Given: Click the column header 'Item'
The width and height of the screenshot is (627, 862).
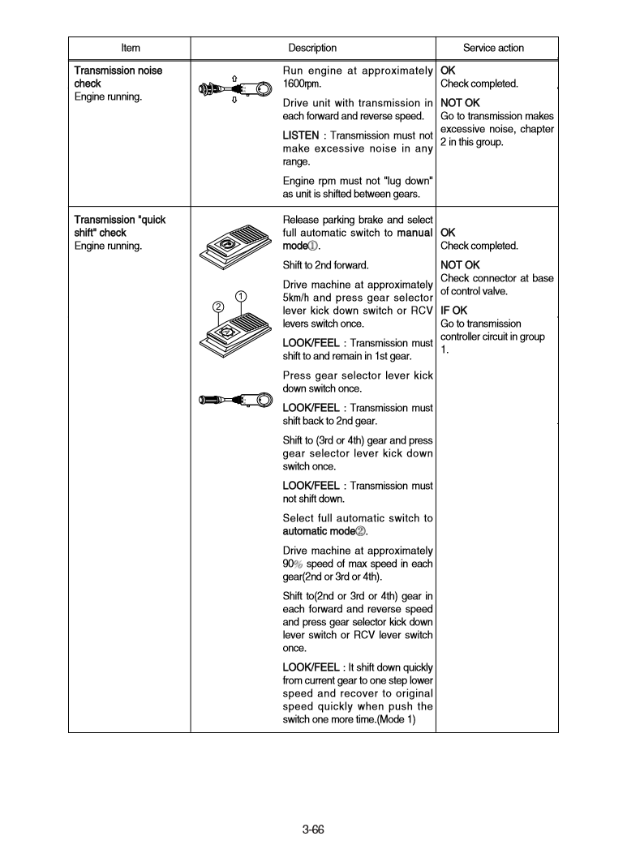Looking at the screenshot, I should point(130,48).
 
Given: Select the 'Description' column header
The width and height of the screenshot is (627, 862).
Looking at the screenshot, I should point(312,48).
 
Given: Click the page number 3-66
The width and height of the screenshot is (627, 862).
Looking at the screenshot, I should point(313,829).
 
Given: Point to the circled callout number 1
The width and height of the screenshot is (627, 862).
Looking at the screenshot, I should point(240,295).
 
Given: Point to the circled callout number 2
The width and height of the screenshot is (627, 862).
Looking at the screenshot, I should point(217,307).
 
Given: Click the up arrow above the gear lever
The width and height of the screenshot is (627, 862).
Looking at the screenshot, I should point(234,79).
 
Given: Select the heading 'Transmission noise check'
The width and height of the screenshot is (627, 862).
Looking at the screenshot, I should point(118,77).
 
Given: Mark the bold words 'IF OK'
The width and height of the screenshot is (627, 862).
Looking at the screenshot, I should point(453,310).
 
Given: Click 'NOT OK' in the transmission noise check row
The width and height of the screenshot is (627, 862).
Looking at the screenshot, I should point(459,103).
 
